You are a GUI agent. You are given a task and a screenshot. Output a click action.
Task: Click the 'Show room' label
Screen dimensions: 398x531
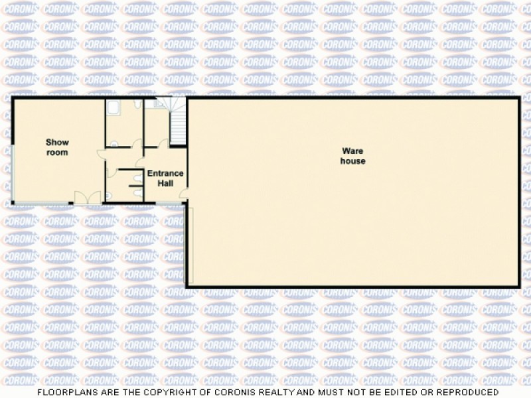click(x=57, y=147)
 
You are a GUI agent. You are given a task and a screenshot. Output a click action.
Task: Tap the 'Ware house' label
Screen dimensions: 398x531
click(x=352, y=157)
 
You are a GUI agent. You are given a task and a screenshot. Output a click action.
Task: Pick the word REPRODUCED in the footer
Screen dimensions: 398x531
click(x=461, y=393)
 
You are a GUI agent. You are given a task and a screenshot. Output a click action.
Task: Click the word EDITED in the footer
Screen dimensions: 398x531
click(x=395, y=393)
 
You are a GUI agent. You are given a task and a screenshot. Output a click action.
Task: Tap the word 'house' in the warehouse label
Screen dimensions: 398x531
click(x=352, y=161)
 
